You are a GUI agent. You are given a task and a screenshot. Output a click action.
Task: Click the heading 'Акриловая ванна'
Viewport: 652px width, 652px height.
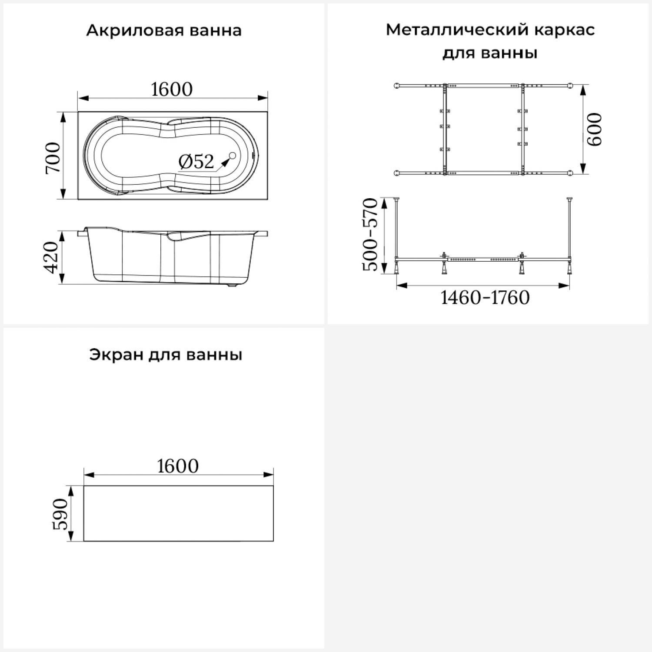tap(163, 31)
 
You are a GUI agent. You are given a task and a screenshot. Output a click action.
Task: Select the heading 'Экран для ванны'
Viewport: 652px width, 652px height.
tap(166, 355)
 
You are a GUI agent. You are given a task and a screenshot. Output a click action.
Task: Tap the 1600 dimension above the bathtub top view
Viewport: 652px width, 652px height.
tap(172, 90)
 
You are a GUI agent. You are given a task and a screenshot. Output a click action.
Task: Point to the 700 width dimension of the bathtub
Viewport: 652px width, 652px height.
tap(53, 157)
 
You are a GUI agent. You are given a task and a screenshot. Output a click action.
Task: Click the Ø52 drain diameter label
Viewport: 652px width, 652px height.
tap(196, 162)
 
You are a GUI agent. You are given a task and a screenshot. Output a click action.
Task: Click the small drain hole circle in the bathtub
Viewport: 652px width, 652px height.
tap(232, 156)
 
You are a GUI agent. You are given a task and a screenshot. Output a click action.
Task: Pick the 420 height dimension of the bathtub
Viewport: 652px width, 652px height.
tap(52, 257)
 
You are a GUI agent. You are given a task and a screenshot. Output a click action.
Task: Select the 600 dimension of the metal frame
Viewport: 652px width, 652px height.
tap(595, 130)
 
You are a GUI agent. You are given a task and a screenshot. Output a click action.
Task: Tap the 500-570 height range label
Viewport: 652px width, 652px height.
tap(371, 235)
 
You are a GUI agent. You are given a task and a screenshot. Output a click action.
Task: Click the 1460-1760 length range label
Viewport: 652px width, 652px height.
tap(485, 298)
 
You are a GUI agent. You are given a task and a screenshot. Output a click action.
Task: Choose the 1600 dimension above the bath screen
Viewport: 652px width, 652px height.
tap(178, 466)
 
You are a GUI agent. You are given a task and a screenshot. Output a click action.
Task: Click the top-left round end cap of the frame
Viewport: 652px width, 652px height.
tap(396, 86)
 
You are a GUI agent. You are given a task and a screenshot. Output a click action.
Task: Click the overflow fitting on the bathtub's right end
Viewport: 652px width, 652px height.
tap(254, 156)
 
